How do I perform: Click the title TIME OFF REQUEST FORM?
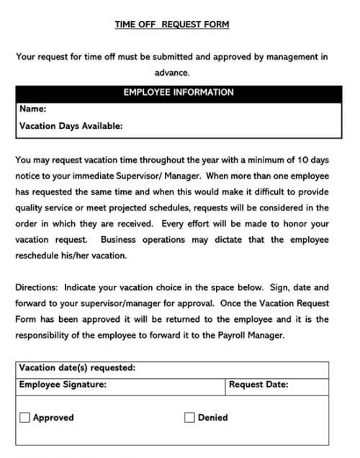tap(172, 24)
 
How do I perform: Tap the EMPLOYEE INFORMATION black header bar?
tap(179, 93)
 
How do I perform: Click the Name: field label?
tap(33, 109)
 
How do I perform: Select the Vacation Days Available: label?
tap(71, 125)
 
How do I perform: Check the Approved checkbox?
tap(25, 417)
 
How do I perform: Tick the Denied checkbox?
tap(190, 417)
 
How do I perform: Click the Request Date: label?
tap(258, 385)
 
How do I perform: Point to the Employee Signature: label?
tap(63, 385)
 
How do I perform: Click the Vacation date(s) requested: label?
tap(77, 368)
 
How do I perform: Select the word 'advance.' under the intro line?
tap(171, 72)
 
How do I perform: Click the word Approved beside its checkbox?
tap(53, 417)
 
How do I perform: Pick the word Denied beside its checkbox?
tap(212, 417)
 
